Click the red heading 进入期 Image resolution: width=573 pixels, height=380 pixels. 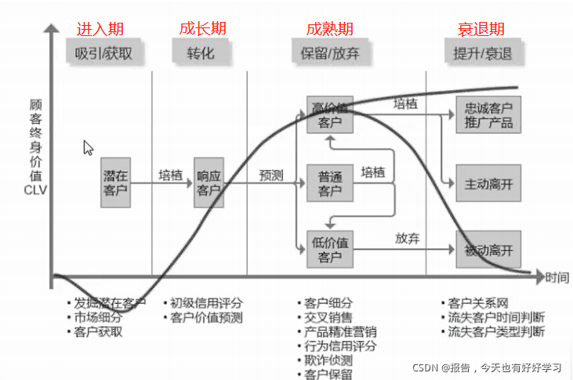point(100,29)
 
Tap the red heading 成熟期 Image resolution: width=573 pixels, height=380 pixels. point(329,29)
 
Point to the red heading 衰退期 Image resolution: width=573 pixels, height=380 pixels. point(481,29)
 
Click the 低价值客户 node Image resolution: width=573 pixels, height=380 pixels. point(324,249)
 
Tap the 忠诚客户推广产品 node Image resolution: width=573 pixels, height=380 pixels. point(488,115)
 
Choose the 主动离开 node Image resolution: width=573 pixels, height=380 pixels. point(488,184)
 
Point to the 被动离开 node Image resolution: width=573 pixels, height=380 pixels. point(488,251)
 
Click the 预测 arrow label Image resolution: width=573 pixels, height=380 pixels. point(271,176)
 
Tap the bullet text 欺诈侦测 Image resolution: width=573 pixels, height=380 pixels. point(328,360)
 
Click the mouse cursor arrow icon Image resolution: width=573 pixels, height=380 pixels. point(88,147)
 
